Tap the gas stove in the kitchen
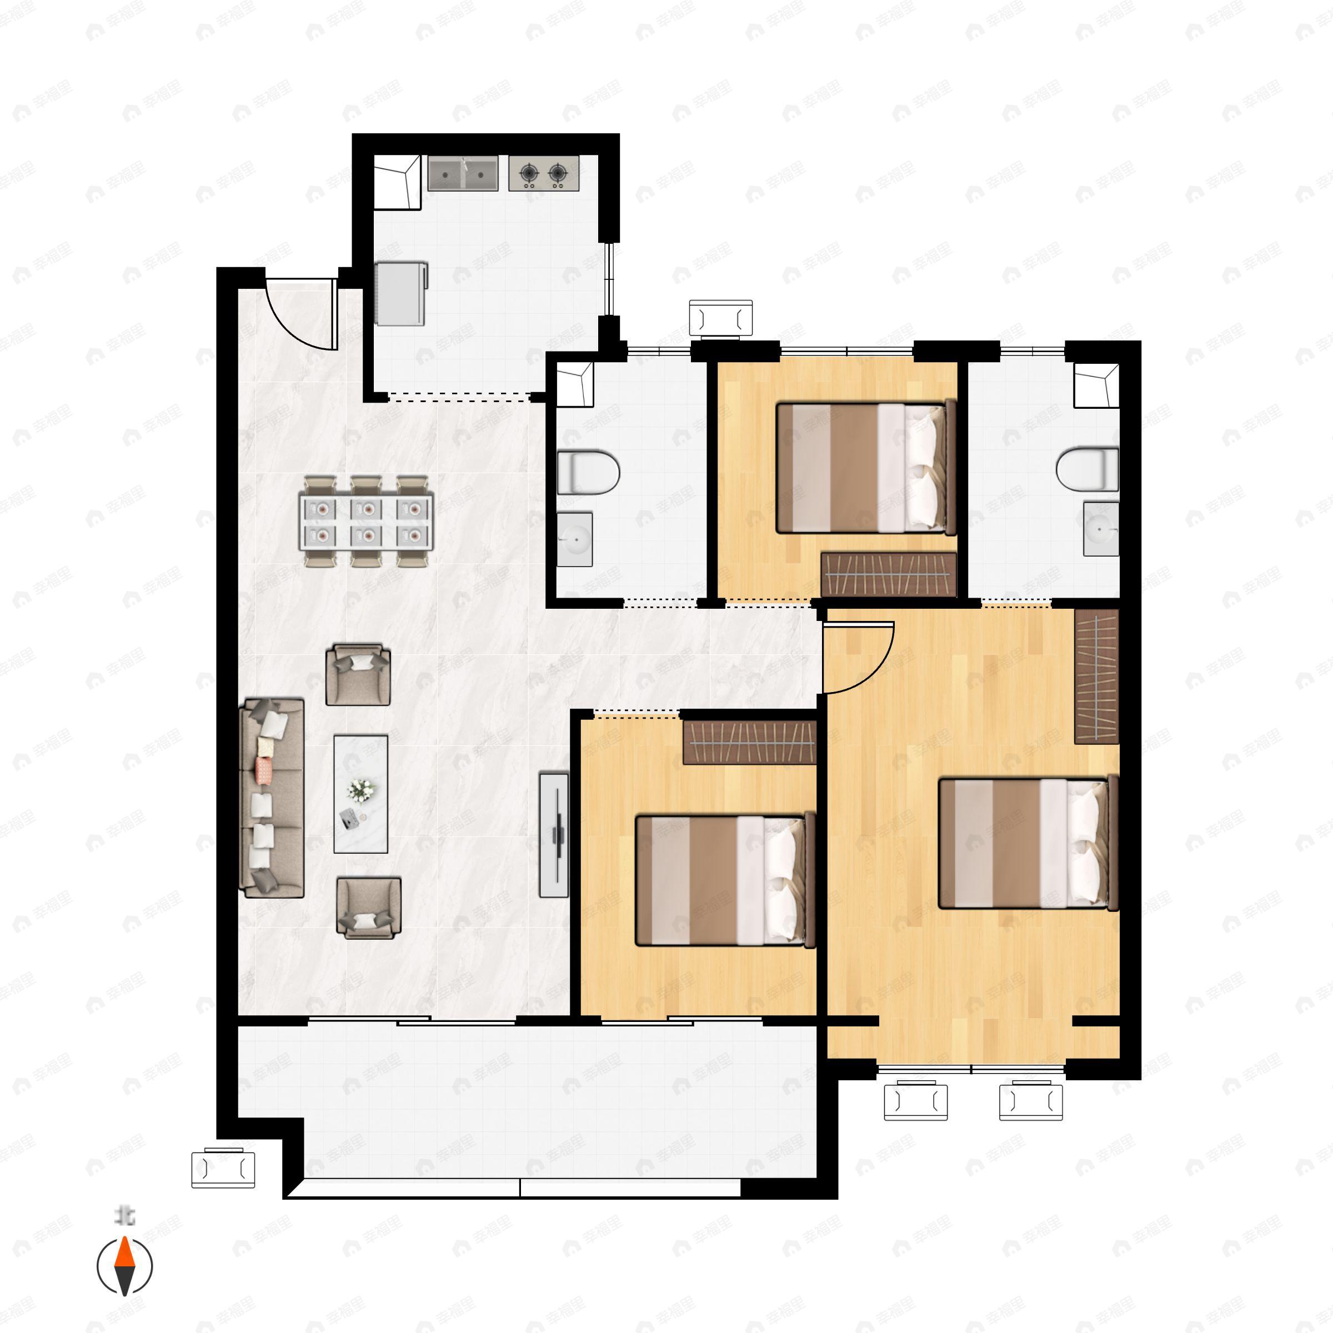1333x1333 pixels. (x=543, y=173)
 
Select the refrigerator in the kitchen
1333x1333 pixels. (x=401, y=293)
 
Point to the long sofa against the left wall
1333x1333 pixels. (x=272, y=798)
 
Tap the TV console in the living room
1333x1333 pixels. (x=553, y=835)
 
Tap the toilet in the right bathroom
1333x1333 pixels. (x=1088, y=469)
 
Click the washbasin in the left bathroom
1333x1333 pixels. (x=574, y=539)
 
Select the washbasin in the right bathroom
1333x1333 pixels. (x=1100, y=529)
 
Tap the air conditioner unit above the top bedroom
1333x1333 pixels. (x=721, y=319)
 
